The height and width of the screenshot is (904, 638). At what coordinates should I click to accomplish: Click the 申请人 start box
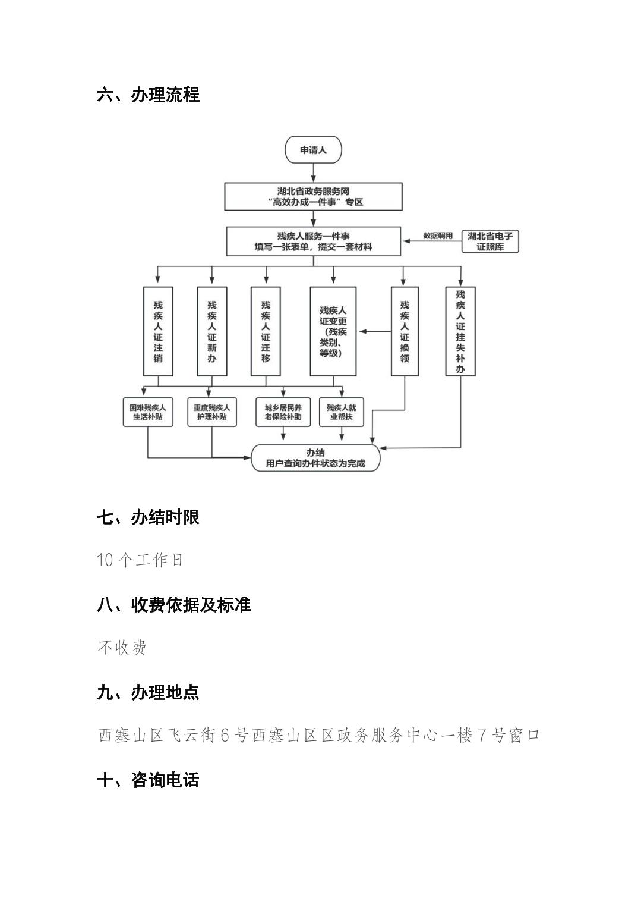coord(313,150)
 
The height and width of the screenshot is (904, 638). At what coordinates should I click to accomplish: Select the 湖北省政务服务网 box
coord(313,196)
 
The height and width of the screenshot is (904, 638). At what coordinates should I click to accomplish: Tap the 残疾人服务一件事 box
coord(313,241)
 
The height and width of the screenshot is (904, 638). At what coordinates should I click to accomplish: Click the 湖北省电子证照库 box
coord(489,241)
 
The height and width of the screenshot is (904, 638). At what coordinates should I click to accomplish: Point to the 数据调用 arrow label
coord(437,236)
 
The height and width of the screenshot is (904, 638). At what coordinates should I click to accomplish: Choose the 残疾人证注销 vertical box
coord(158,331)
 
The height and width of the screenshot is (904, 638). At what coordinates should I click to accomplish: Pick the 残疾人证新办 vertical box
coord(212,331)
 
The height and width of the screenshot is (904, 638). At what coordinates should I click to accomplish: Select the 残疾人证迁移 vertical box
coord(266,331)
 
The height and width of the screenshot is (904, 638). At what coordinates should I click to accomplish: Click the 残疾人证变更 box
coord(333,331)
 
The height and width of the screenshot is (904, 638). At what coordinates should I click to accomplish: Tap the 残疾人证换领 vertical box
coord(405,331)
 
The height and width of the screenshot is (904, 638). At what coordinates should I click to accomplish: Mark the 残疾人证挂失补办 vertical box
coord(460,331)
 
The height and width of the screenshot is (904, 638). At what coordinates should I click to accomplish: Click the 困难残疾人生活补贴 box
coord(147,412)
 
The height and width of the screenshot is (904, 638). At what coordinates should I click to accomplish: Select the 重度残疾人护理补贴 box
coord(211,412)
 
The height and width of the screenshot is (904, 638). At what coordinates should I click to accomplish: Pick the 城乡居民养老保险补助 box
coord(283,412)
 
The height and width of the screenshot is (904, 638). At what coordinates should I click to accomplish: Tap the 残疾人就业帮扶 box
coord(341,412)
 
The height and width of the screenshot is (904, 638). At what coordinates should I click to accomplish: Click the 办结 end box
coord(315,458)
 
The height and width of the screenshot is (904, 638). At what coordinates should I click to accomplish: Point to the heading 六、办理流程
coord(148,95)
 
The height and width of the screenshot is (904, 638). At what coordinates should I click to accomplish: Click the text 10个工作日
coord(140,560)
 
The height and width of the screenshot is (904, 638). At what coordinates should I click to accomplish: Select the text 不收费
coord(122,647)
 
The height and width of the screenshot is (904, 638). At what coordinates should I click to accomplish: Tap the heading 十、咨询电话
coord(148,780)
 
